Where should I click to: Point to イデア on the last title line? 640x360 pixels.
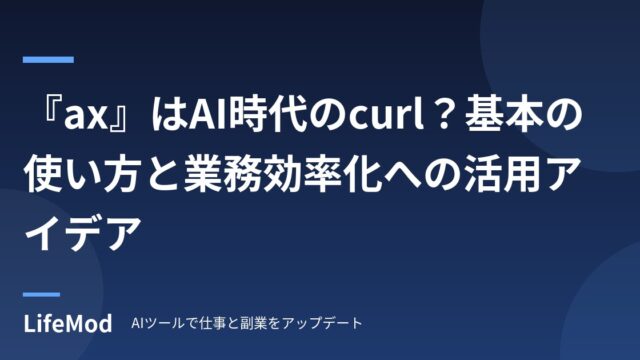tap(83, 233)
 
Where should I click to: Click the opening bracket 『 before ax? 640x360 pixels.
tap(52, 110)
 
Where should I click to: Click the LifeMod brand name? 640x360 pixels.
tap(68, 323)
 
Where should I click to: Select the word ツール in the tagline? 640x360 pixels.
tap(162, 323)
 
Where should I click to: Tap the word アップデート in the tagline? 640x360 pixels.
tap(322, 323)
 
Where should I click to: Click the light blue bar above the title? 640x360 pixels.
tap(48, 60)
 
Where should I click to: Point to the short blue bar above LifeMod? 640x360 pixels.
tap(41, 294)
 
